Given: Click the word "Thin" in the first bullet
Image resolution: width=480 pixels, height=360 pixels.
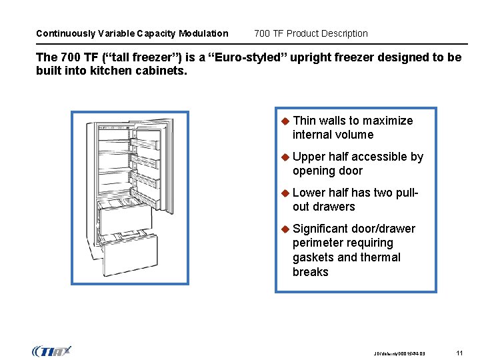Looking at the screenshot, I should click(304, 121).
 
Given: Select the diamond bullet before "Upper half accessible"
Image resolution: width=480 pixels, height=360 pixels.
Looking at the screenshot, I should click(284, 157).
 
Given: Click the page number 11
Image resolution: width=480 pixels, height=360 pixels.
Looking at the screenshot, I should click(459, 352).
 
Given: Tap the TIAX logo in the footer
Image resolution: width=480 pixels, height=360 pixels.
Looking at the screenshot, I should click(51, 351).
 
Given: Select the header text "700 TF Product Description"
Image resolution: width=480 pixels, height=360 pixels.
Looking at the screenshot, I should click(311, 33).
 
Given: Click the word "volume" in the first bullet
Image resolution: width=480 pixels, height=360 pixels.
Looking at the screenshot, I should click(355, 135).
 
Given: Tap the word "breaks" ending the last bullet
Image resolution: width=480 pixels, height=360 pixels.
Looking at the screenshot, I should click(311, 272).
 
